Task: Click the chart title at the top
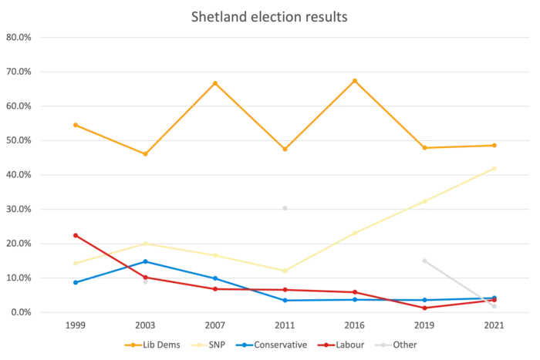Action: click(270, 16)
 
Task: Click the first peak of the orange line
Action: click(216, 82)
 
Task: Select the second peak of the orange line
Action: click(354, 79)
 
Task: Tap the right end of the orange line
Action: click(496, 144)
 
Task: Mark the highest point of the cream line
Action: click(496, 165)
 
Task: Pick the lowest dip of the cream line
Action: click(285, 270)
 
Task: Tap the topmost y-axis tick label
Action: click(19, 37)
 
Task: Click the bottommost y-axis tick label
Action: click(19, 312)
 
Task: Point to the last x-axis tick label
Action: click(495, 327)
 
